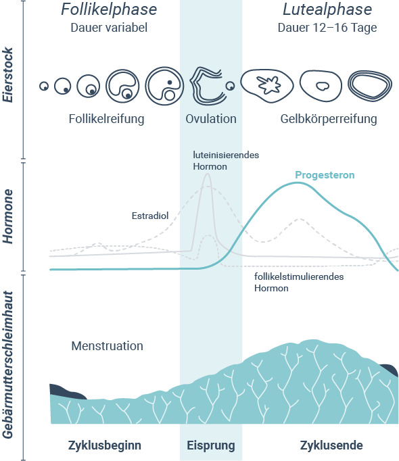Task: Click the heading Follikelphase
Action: (109, 9)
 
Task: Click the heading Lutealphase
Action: (327, 9)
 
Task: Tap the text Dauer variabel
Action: (109, 28)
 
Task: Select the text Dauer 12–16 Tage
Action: (327, 28)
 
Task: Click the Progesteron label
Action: (325, 175)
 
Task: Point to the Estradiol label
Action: (150, 216)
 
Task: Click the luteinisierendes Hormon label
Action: (226, 160)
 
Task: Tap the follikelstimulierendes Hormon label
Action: (299, 283)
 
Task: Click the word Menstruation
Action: (107, 346)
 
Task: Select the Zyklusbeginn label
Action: (105, 445)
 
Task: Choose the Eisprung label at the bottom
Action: (211, 445)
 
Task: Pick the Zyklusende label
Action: (331, 445)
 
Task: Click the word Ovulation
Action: (211, 119)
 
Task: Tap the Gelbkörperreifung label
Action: (329, 119)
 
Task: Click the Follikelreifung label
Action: (107, 119)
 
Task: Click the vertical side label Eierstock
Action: (8, 74)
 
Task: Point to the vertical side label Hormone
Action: (8, 216)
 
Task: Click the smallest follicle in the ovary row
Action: (44, 86)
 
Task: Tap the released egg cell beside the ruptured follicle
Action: (230, 86)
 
